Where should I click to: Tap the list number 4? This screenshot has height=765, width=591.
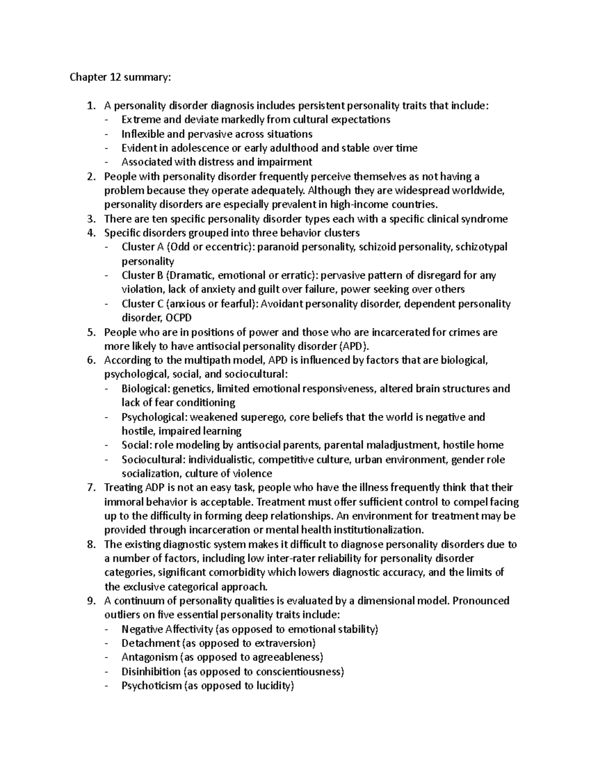pyautogui.click(x=90, y=233)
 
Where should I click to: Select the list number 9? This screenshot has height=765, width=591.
pyautogui.click(x=90, y=601)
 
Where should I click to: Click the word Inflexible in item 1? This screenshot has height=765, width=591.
pyautogui.click(x=140, y=134)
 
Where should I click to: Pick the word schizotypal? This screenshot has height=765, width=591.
pyautogui.click(x=481, y=247)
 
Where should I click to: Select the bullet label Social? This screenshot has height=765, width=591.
pyautogui.click(x=136, y=445)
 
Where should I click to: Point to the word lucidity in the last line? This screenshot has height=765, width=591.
pyautogui.click(x=274, y=686)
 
